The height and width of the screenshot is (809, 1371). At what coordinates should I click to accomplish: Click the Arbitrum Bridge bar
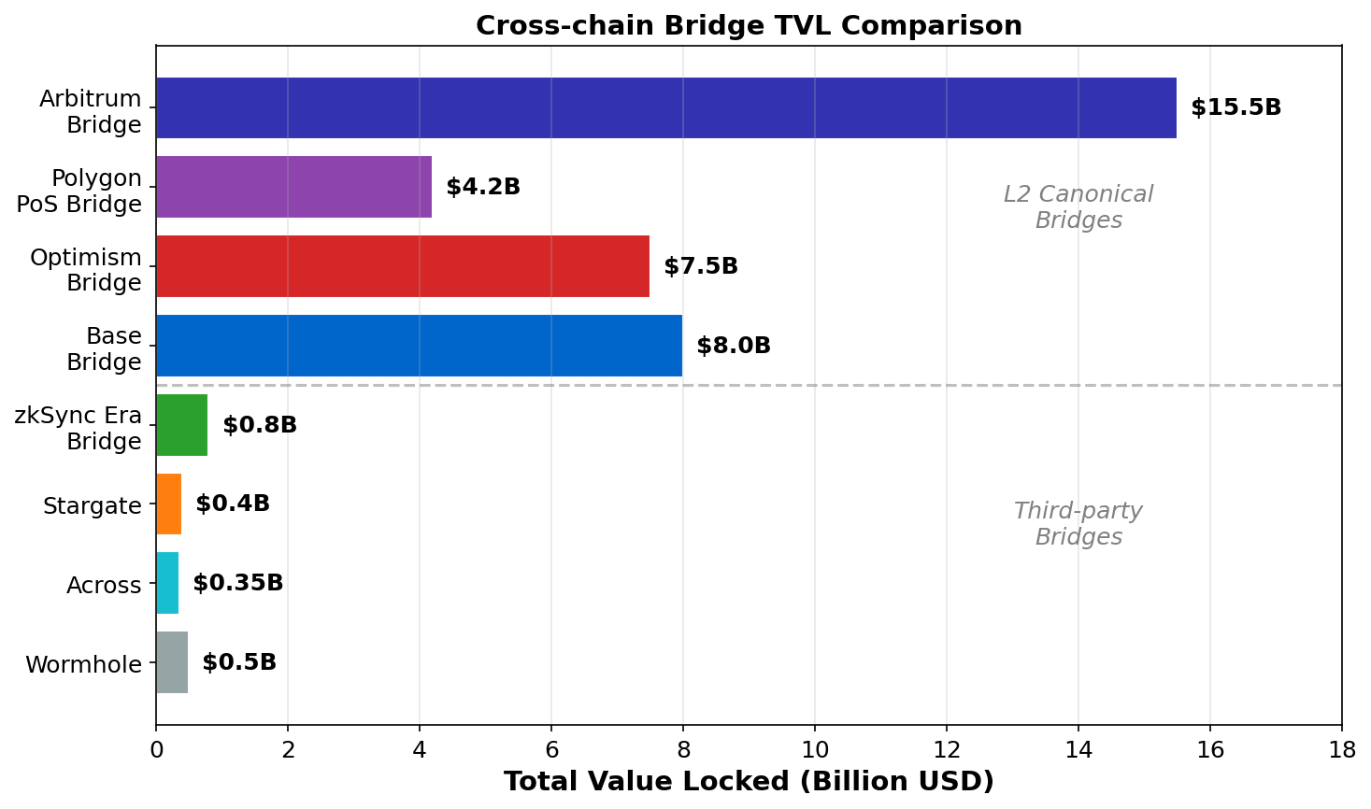pos(665,108)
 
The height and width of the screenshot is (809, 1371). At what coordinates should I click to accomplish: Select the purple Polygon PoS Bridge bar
pos(293,187)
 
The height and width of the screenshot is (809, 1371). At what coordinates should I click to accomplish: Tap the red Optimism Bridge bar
pos(402,266)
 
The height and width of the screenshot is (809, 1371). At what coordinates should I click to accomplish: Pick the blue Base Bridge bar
pos(419,346)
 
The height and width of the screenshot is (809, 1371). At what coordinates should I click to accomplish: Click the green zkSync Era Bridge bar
pos(181,425)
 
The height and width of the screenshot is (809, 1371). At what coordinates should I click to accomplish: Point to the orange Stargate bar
pos(168,504)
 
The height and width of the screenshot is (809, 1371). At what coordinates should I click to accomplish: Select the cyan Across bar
pos(167,583)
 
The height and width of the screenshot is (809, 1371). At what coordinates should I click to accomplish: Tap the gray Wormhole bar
pos(172,662)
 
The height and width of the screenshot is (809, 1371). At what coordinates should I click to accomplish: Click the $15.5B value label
pos(1235,107)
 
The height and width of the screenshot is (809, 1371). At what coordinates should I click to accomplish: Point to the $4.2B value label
pos(482,187)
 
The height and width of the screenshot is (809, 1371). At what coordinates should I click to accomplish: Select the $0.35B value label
pos(237,583)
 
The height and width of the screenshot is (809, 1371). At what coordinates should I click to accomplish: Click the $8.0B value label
pos(734,346)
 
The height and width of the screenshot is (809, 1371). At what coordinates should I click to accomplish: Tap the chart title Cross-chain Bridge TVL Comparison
pos(749,25)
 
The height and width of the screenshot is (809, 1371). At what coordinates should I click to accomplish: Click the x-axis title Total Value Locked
pos(749,781)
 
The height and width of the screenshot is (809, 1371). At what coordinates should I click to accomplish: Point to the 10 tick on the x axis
pos(815,749)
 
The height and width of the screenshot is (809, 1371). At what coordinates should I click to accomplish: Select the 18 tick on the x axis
pos(1342,749)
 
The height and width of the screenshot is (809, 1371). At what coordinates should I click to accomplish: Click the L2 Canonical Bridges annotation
pos(1078,206)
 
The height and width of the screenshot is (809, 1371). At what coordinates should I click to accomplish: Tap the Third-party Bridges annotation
pos(1078,524)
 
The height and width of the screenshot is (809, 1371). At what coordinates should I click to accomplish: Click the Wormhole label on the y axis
pos(83,665)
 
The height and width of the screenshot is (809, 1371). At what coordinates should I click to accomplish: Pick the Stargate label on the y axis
pos(92,506)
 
